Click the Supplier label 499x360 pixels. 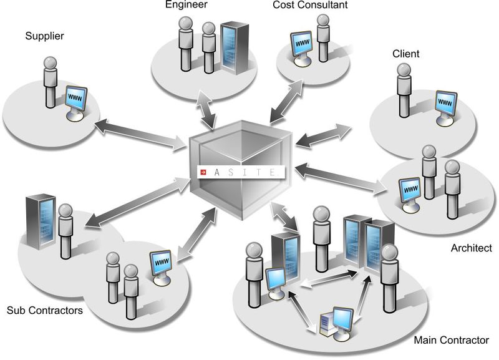[x=44, y=36]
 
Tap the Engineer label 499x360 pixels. [x=187, y=6]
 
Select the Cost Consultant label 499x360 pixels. [x=310, y=6]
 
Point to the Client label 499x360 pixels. [x=405, y=54]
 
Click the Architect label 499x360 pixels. [x=471, y=248]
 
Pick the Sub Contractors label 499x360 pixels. [x=44, y=310]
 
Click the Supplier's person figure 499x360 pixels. [x=51, y=81]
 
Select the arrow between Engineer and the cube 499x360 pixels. [x=206, y=108]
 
